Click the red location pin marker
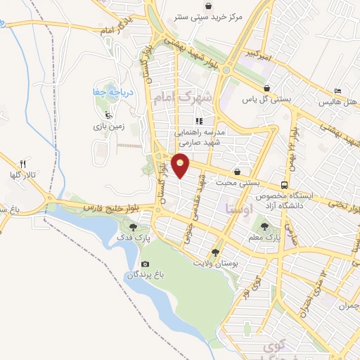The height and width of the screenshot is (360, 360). click(x=181, y=165)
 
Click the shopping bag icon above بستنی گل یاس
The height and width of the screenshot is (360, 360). click(x=266, y=89)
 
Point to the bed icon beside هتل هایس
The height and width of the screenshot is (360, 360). click(x=338, y=91)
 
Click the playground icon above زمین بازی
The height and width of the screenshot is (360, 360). click(x=108, y=115)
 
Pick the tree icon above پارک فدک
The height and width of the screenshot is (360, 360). click(x=134, y=226)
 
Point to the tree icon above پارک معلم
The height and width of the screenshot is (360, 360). click(x=264, y=226)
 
